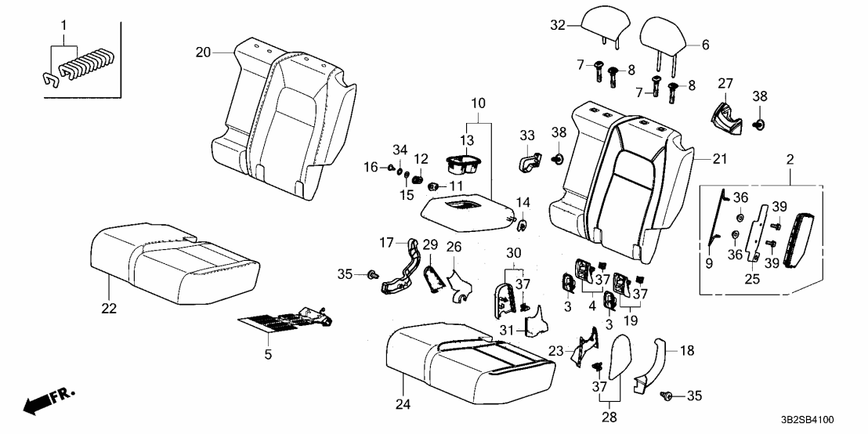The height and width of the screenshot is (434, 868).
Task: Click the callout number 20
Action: (203, 52)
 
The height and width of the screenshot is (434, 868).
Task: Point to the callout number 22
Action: (109, 309)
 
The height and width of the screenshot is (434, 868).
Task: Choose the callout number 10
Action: (477, 103)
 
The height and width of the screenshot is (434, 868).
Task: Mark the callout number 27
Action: (725, 83)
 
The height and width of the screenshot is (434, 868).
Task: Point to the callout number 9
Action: (708, 264)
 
